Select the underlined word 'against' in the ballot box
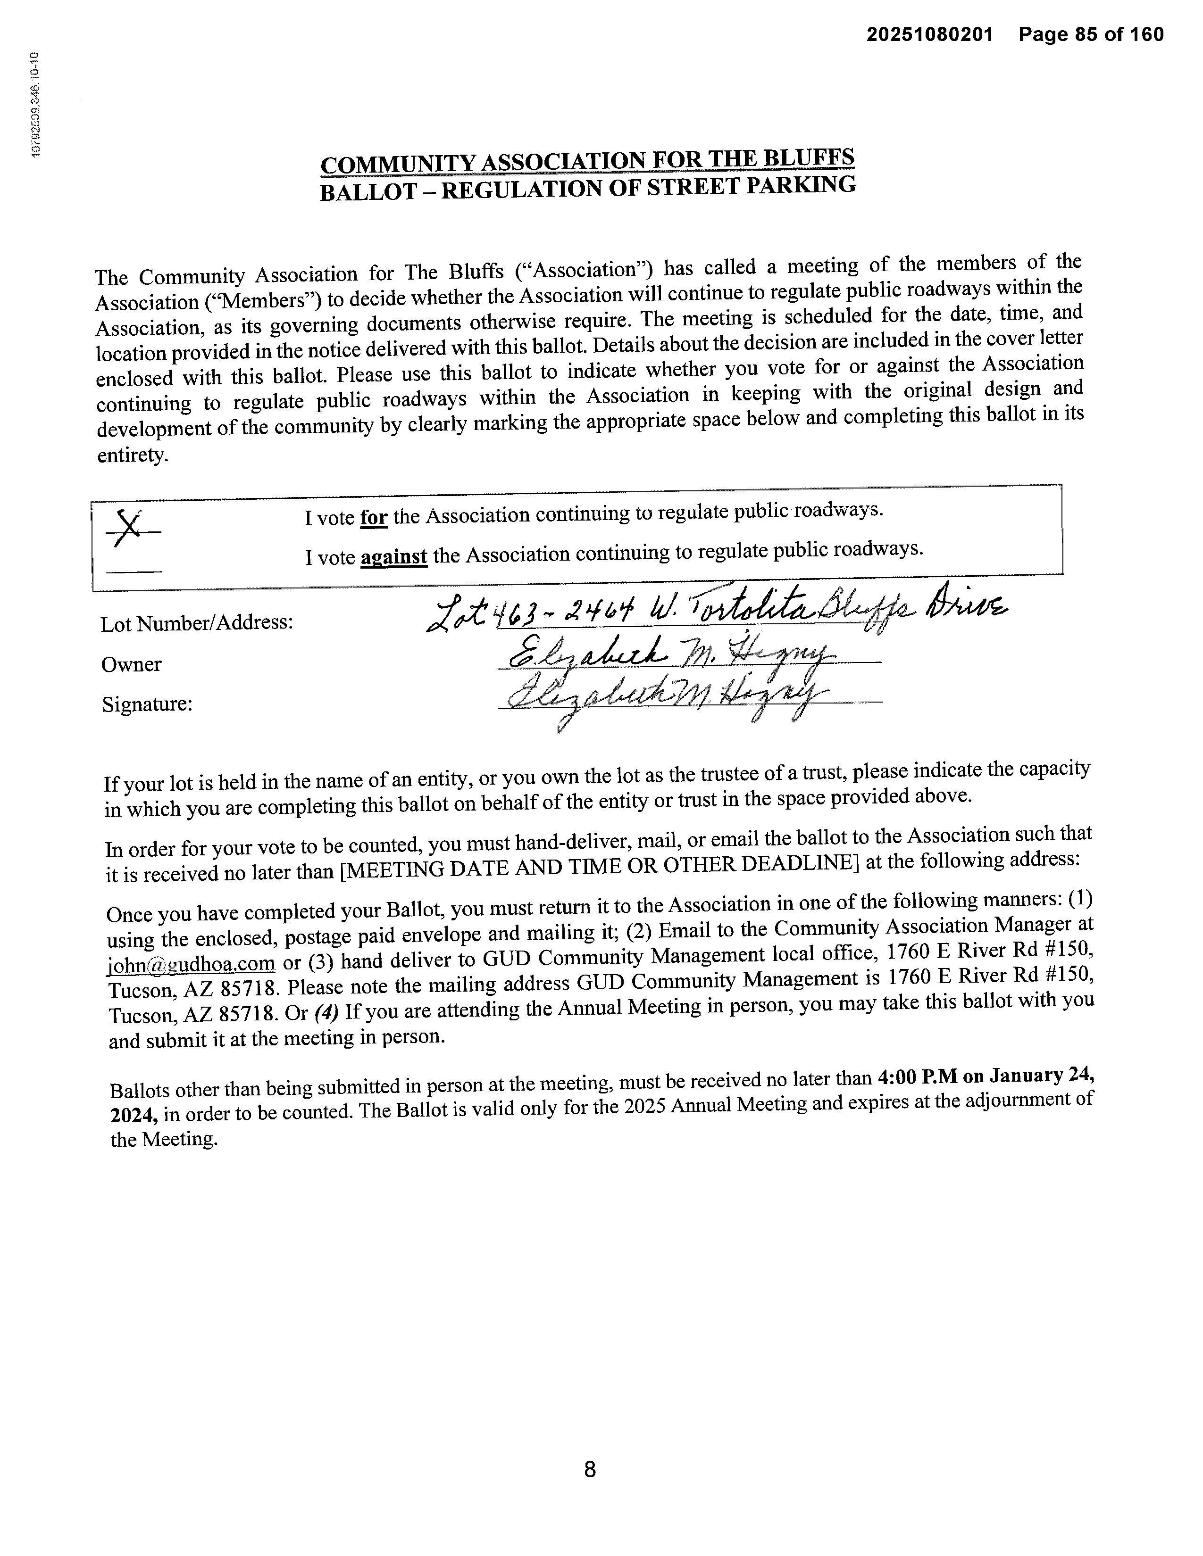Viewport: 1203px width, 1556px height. (393, 556)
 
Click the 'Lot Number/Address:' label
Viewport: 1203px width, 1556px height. (197, 623)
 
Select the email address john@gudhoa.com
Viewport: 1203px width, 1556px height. (191, 964)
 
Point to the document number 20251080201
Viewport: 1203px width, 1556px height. (929, 34)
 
